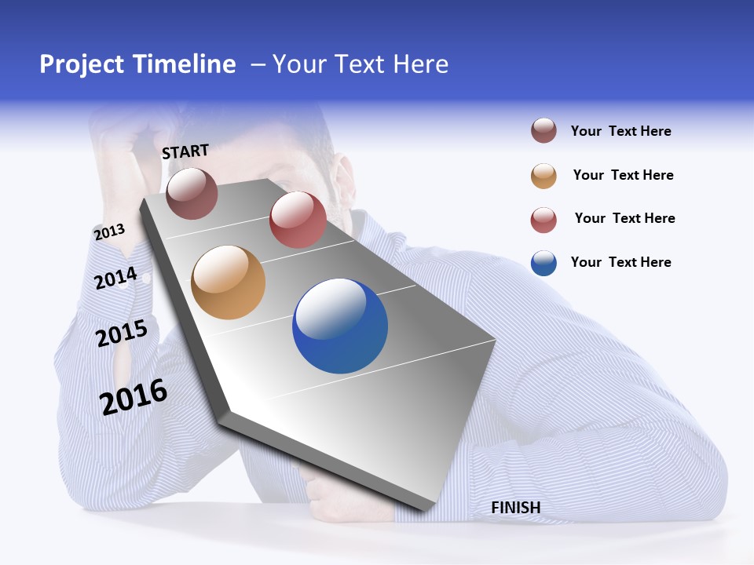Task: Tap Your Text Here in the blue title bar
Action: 361,64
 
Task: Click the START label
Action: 185,151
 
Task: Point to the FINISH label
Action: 515,508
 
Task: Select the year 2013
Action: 109,232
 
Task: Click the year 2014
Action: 115,279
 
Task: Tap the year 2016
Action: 134,397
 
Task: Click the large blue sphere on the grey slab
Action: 340,326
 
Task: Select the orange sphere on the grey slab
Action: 229,282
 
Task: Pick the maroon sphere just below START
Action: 192,193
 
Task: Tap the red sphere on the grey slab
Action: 298,220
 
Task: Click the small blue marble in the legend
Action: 544,263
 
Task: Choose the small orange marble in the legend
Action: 544,176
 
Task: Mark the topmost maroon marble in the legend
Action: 544,131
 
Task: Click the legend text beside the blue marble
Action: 620,262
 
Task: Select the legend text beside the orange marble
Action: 623,175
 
